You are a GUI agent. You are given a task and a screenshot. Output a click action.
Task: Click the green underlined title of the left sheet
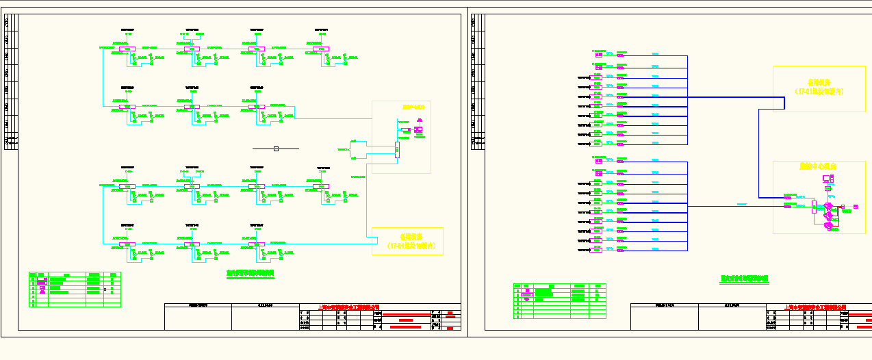click(250, 272)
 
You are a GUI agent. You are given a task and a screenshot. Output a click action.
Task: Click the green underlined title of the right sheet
click(745, 279)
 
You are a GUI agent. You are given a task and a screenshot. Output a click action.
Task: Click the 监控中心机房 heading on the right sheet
click(819, 166)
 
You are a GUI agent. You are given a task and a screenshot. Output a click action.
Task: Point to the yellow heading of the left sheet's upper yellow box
click(413, 107)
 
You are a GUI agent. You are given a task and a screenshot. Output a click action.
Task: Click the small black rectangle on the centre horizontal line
click(276, 149)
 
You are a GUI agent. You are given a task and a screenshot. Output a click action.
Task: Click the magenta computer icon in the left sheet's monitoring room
click(418, 129)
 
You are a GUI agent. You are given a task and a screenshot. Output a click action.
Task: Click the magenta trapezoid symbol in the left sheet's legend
click(42, 289)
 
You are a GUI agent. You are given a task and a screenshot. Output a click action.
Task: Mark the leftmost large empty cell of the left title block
click(198, 318)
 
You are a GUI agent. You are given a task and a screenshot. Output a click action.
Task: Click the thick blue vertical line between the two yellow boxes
click(758, 151)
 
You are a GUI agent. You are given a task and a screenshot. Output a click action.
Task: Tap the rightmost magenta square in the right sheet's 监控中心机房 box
click(855, 207)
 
